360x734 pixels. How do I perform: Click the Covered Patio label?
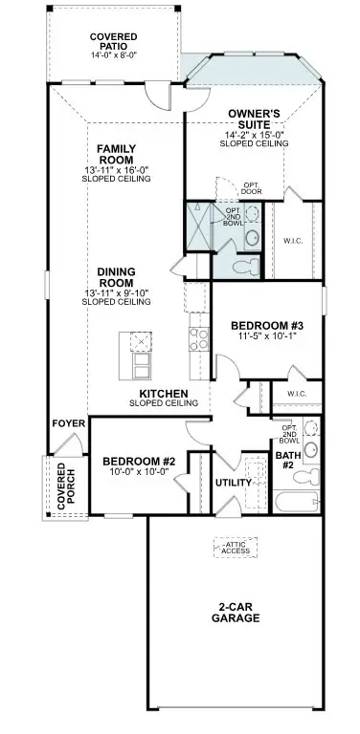click(x=113, y=40)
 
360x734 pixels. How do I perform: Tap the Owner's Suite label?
click(x=254, y=119)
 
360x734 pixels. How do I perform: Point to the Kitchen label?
click(x=163, y=394)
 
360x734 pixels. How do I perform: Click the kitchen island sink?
click(x=141, y=342)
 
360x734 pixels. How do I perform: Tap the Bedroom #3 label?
click(x=261, y=326)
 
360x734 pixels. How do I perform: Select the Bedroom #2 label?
click(x=135, y=462)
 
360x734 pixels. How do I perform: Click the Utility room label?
click(x=233, y=483)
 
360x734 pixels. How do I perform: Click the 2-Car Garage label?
click(x=236, y=613)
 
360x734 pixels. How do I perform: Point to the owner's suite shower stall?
click(x=200, y=225)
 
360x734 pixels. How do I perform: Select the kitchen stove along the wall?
click(x=200, y=336)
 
